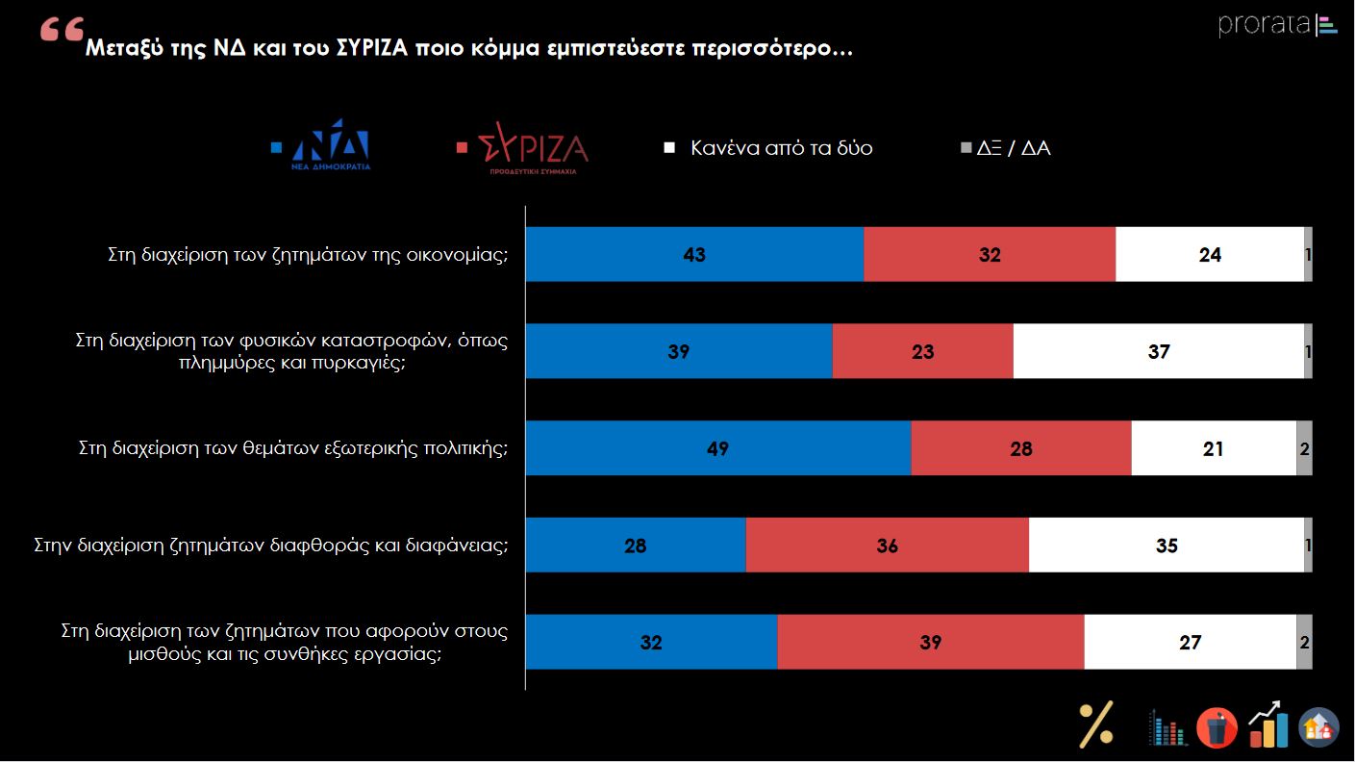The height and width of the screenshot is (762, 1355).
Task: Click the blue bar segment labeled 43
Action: click(x=694, y=255)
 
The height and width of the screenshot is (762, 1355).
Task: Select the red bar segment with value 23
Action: click(x=922, y=351)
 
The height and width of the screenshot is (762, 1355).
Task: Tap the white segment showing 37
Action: click(x=1158, y=351)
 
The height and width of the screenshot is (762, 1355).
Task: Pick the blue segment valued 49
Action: click(x=717, y=448)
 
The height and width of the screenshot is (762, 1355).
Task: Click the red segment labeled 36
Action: click(x=887, y=546)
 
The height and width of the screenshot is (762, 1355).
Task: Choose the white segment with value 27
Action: click(x=1190, y=642)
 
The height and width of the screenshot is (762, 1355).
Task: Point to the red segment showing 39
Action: click(x=930, y=642)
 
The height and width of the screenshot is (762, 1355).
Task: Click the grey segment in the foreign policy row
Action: click(x=1304, y=448)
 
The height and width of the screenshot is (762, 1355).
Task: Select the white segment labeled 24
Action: click(x=1209, y=255)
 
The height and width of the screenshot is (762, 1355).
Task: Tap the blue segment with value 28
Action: click(x=635, y=546)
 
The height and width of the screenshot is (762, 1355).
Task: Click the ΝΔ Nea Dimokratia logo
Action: click(x=331, y=144)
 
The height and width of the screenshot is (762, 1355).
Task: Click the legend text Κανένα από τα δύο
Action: click(x=781, y=148)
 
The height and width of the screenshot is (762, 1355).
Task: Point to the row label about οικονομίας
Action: click(x=307, y=255)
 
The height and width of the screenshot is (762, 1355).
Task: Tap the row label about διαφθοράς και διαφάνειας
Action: click(x=270, y=546)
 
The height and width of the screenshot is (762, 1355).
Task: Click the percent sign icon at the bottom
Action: click(x=1096, y=724)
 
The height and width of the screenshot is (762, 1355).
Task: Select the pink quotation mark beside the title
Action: click(x=62, y=32)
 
